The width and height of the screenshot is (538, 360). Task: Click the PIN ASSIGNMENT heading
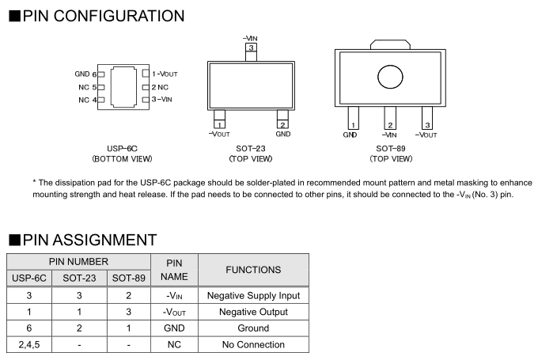pyautogui.click(x=83, y=239)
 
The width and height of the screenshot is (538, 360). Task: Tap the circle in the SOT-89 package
pyautogui.click(x=390, y=77)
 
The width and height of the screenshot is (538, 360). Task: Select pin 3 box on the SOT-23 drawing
pyautogui.click(x=251, y=48)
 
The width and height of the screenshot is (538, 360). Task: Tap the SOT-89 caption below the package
pyautogui.click(x=391, y=148)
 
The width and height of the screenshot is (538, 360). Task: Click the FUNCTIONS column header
pyautogui.click(x=253, y=270)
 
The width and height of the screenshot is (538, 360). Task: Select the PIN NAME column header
pyautogui.click(x=173, y=270)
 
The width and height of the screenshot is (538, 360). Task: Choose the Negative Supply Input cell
pyautogui.click(x=253, y=296)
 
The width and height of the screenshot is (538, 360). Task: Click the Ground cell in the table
pyautogui.click(x=253, y=328)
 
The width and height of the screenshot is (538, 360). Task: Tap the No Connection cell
pyautogui.click(x=253, y=345)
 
